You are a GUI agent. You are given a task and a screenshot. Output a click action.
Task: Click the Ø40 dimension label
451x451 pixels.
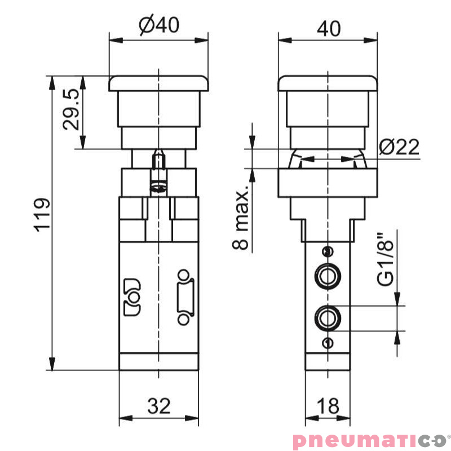pos(159,26)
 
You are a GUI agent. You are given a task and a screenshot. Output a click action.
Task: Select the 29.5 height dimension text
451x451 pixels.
pos(71,109)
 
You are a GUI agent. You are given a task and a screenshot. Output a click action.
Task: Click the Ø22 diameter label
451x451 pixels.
pos(399,147)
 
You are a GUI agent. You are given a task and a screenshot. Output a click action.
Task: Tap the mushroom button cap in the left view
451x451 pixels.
pos(159,83)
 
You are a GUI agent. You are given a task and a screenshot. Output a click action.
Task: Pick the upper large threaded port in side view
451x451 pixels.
pos(328,276)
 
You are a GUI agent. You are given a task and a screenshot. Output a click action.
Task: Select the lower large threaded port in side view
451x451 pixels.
pos(328,319)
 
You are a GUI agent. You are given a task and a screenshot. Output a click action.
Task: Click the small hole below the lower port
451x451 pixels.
pos(328,343)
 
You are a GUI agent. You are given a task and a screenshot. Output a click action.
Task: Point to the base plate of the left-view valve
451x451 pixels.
pos(159,361)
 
